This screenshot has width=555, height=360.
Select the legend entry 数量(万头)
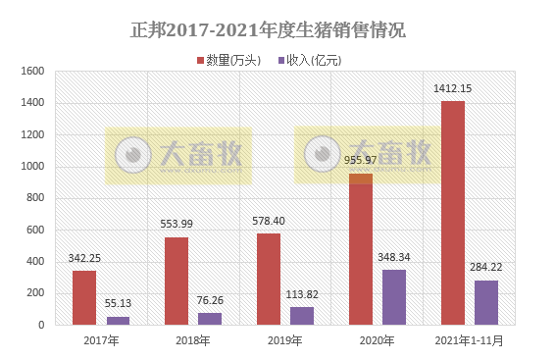point(233,61)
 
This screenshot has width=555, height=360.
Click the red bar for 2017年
point(83,297)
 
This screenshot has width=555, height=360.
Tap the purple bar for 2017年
point(118,320)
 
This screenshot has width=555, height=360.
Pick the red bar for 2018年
point(176,281)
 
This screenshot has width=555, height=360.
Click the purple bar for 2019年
point(302,315)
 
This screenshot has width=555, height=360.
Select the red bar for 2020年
point(361,249)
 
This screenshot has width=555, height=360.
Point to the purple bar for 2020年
point(394,296)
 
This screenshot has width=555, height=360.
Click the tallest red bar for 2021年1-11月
point(453,212)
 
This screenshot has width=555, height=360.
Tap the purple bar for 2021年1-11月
point(486,301)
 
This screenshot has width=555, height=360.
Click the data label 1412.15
point(453,89)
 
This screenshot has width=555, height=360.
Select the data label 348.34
point(394,258)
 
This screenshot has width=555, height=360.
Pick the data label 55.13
point(118,305)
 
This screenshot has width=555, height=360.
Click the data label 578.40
point(268,222)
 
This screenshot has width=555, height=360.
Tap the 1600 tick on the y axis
point(32,72)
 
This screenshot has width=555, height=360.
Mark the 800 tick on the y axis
point(35,198)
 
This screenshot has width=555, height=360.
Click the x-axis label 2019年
point(284,340)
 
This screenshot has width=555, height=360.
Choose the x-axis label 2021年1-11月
point(470,340)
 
